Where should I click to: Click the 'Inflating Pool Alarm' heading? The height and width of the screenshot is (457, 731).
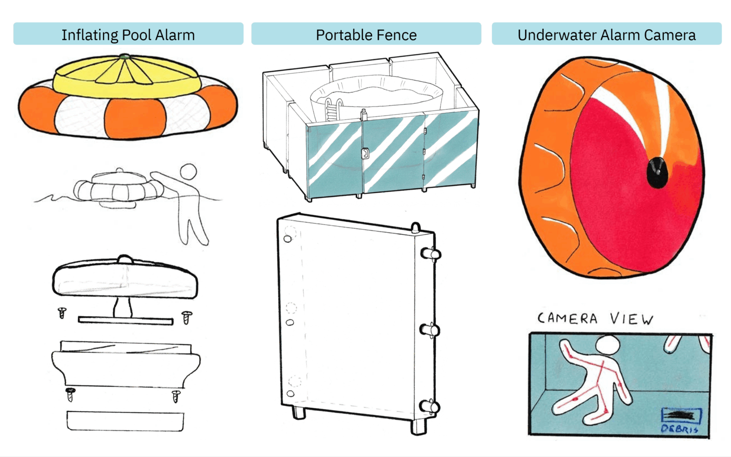tap(128, 35)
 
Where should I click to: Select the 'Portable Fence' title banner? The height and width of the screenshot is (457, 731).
tap(366, 35)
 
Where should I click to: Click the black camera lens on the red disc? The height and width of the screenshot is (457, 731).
tap(657, 173)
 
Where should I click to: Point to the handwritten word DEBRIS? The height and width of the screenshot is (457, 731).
tap(679, 429)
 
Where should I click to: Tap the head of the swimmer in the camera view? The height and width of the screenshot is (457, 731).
tap(609, 345)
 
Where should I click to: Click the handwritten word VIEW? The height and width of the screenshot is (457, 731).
tap(632, 319)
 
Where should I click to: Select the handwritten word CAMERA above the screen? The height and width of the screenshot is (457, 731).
tap(567, 318)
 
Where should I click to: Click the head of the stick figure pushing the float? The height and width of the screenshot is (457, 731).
tap(188, 172)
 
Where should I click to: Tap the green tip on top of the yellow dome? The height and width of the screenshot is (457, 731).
tap(124, 57)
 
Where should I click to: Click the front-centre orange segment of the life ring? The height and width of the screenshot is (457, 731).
tap(135, 118)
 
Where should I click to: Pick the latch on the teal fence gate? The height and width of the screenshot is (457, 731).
tap(365, 153)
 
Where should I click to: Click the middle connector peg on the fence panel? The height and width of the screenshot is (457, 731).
tap(430, 329)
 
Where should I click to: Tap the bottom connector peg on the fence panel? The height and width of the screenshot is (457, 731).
tap(430, 406)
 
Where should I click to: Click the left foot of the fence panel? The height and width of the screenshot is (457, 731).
tap(298, 412)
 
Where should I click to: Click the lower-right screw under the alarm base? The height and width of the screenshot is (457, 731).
tap(176, 396)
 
